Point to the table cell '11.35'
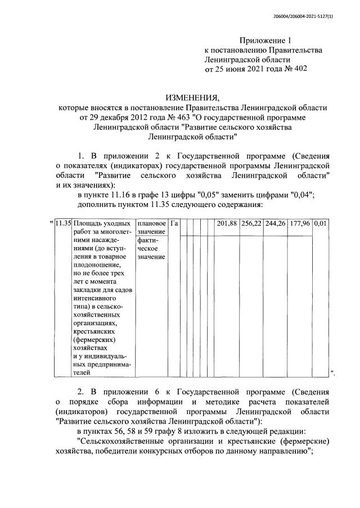pyautogui.click(x=64, y=223)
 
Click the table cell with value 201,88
pyautogui.click(x=227, y=223)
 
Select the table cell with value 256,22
pyautogui.click(x=251, y=223)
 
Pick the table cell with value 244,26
pyautogui.click(x=276, y=223)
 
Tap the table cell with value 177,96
pyautogui.click(x=300, y=223)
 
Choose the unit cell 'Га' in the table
pyautogui.click(x=174, y=223)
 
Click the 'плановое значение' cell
pyautogui.click(x=151, y=227)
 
